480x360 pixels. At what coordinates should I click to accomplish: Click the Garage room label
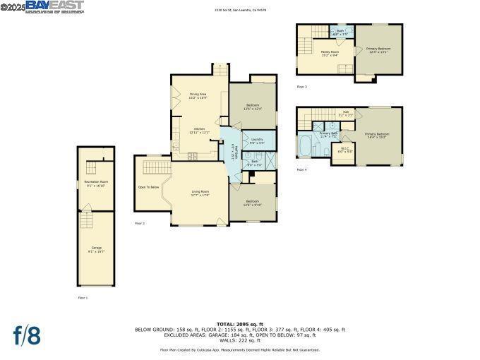96,248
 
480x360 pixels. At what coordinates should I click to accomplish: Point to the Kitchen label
199,130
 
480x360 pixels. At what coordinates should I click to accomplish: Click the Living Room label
200,193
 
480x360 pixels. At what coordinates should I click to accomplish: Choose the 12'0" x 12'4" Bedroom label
252,107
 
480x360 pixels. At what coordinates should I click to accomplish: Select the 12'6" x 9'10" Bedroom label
253,203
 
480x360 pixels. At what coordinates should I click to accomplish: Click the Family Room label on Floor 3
330,53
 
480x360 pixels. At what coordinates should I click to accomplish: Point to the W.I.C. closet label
344,150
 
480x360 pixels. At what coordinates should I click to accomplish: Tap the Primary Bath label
328,134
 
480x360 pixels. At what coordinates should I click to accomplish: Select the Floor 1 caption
83,297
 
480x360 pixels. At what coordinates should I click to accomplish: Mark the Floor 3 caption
301,86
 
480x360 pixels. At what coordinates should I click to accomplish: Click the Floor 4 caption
301,169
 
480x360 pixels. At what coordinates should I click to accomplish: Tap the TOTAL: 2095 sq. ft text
240,324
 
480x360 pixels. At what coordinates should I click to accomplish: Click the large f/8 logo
27,335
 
